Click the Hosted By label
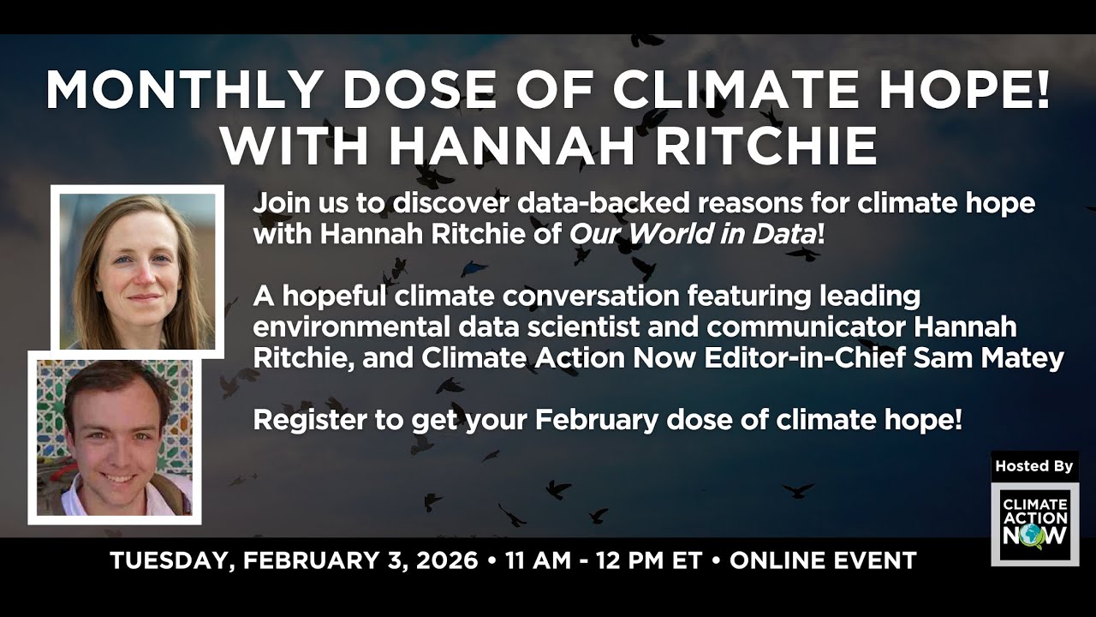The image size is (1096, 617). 1033,466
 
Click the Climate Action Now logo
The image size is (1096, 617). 1034,524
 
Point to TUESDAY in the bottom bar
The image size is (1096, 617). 170,561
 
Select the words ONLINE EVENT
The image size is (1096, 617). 823,561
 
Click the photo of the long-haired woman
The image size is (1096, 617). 138,271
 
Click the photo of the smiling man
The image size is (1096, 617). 116,437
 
